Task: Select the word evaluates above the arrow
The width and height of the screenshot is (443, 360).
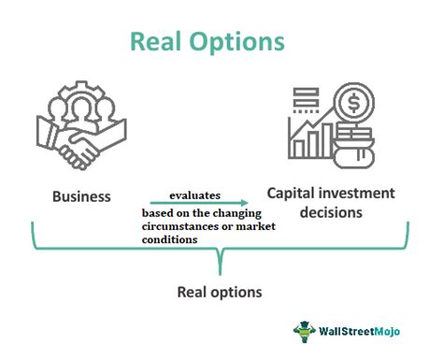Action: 195,194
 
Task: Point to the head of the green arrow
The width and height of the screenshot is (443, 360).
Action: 245,203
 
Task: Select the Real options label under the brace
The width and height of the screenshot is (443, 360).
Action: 220,292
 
